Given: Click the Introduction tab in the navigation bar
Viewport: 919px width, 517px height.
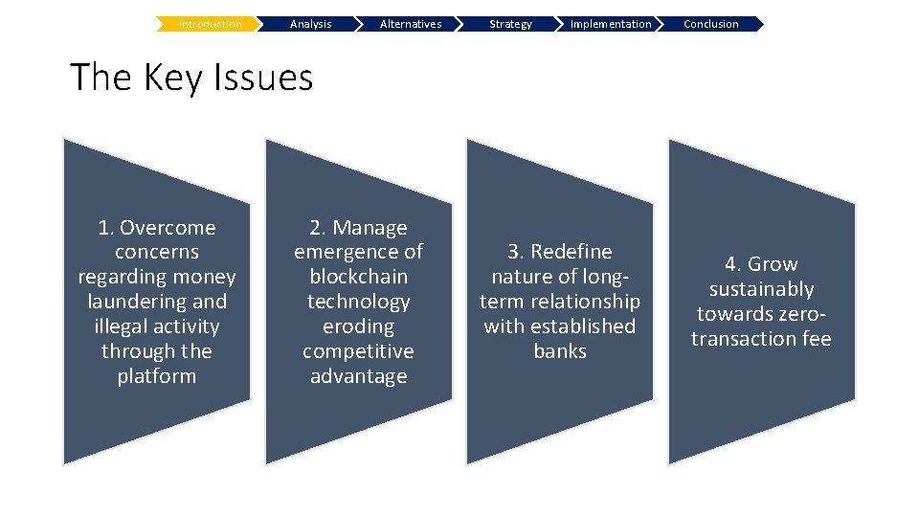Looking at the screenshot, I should (x=210, y=24).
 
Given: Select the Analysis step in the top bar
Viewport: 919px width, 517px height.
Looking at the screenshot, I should (x=310, y=24).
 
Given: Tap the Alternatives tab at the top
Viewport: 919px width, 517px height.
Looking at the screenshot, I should (x=411, y=24).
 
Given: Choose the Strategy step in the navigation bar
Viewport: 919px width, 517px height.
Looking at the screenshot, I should (x=510, y=24).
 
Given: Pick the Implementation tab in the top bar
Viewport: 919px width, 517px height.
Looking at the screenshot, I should (x=611, y=24).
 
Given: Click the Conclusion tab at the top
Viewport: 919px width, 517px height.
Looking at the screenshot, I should (x=711, y=24).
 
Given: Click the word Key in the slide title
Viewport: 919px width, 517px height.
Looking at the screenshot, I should (x=178, y=78).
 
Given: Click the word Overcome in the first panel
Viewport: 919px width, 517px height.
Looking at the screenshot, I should (x=168, y=228).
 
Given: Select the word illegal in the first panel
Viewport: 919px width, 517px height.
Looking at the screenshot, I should (x=121, y=326).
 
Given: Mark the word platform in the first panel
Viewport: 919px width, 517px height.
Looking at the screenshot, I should (x=157, y=376).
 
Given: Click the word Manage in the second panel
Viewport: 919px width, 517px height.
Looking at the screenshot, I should (x=370, y=228).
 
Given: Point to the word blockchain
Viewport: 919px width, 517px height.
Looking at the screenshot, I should (x=358, y=277).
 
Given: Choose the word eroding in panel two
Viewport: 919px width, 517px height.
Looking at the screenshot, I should (x=358, y=326).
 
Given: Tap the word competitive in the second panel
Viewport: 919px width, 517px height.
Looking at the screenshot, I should (x=358, y=351).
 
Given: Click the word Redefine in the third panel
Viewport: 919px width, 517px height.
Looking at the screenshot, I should (x=572, y=252).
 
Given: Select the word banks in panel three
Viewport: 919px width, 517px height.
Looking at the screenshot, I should (x=560, y=351).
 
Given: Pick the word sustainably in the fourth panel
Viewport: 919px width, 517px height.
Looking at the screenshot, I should (x=761, y=289).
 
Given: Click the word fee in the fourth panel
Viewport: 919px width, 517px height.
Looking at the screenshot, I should (x=817, y=339).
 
